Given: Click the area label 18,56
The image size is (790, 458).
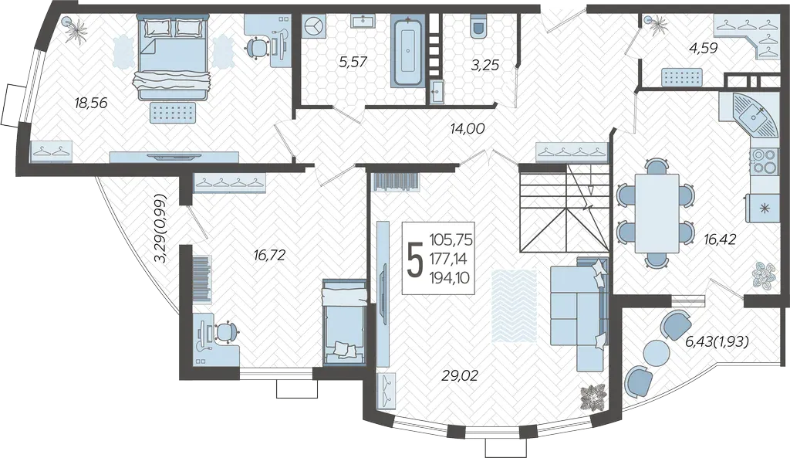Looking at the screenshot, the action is [91, 103].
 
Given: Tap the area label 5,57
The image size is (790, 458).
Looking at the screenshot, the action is [353, 62].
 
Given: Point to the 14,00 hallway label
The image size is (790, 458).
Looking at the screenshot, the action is [468, 129].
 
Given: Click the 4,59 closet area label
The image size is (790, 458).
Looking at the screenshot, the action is [704, 49].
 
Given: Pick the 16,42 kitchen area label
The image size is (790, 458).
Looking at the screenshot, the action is [721, 238].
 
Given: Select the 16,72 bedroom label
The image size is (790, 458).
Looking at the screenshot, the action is [269, 255].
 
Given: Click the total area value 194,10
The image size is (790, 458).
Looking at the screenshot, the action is [449, 276].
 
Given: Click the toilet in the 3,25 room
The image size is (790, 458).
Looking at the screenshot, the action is [478, 26].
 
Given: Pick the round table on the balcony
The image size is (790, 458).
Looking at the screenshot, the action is [656, 353].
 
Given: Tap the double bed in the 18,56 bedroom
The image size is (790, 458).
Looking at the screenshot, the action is [173, 57].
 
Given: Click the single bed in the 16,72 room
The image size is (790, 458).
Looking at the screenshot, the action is [344, 321].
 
